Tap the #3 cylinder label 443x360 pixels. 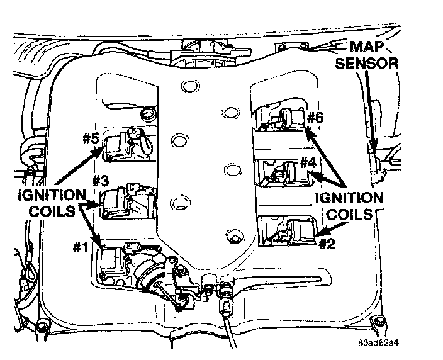tap(101, 181)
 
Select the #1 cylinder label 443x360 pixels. tap(80, 247)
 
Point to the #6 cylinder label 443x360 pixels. tap(315, 118)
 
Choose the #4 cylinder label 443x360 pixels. tap(307, 161)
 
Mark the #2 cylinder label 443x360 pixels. tap(326, 243)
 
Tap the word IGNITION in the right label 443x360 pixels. tap(348, 197)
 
